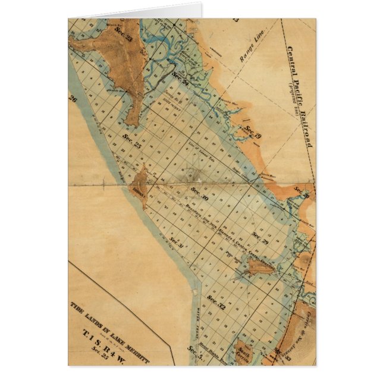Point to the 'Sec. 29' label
(x=260, y=236)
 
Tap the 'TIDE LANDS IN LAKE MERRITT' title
(x=111, y=337)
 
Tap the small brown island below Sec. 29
(x=260, y=267)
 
